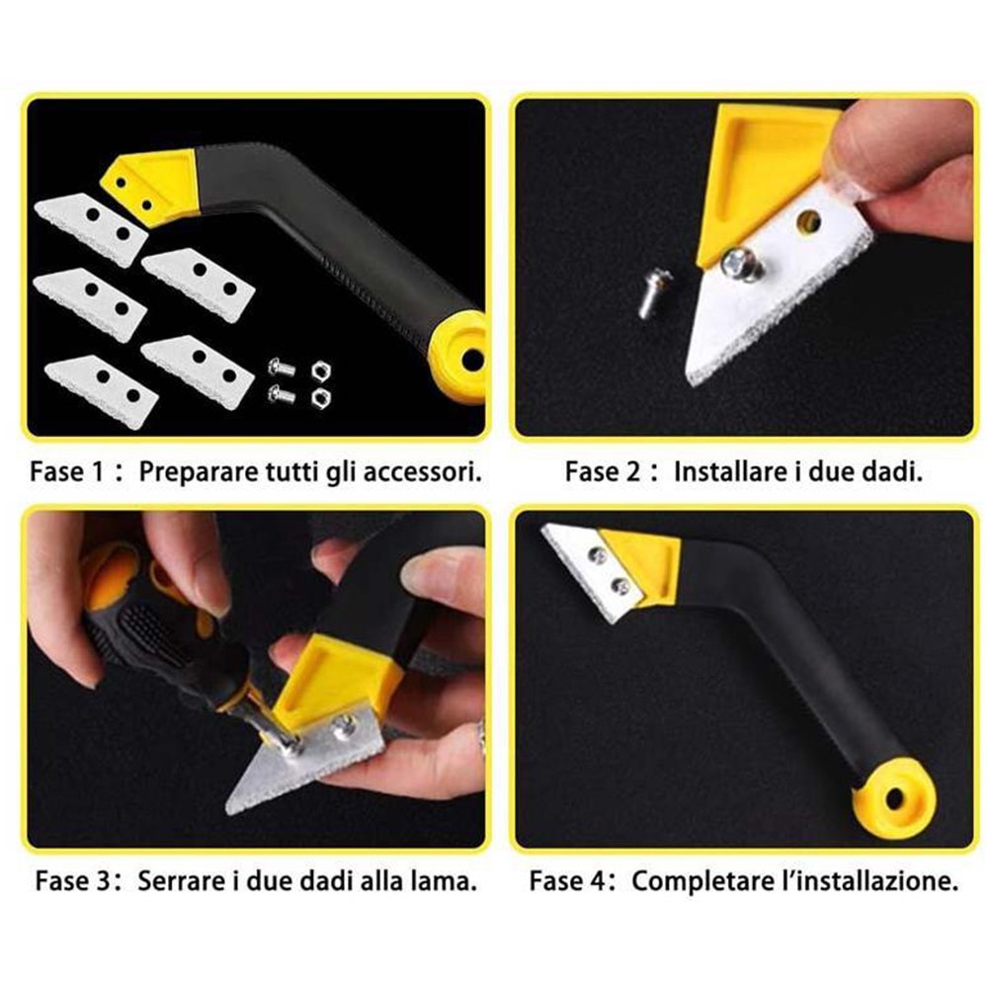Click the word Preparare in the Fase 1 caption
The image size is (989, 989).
[x=198, y=472]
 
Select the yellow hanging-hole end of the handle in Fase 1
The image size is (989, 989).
[x=460, y=357]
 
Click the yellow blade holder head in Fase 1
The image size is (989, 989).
[x=151, y=186]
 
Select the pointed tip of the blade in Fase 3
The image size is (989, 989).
[x=228, y=809]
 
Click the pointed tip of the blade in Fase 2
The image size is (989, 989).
[x=689, y=378]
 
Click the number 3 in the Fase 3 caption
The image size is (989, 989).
[x=104, y=880]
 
